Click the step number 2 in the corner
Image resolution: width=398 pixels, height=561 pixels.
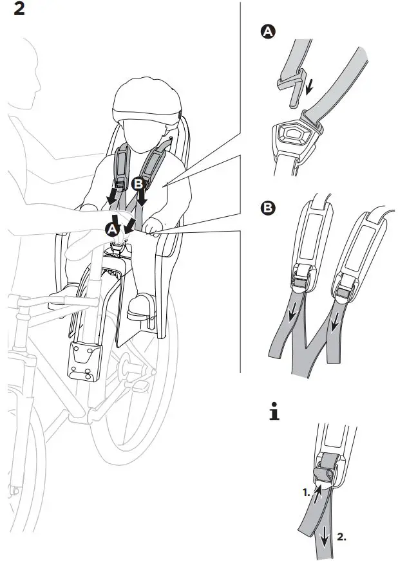19,11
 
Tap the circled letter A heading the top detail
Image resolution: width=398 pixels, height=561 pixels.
267,32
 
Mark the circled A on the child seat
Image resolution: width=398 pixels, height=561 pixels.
113,228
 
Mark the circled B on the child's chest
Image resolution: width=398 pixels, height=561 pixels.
137,184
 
